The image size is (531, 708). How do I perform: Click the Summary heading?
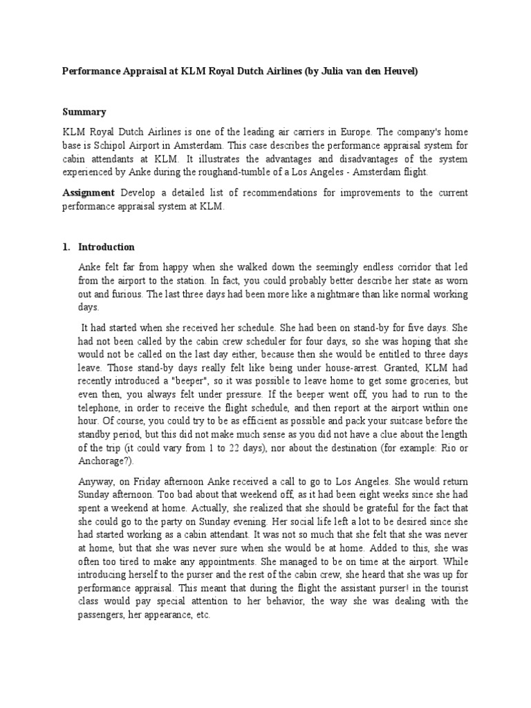pyautogui.click(x=84, y=111)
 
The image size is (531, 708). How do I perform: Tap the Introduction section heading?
pyautogui.click(x=106, y=247)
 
